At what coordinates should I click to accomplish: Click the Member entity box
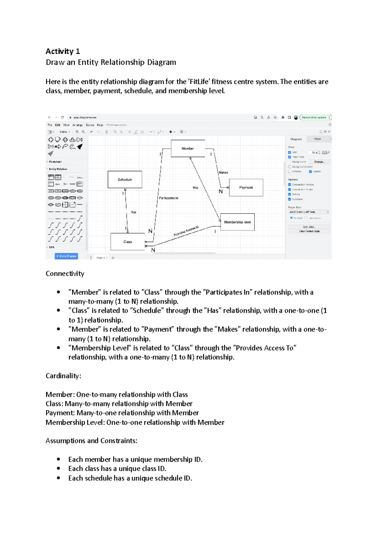pos(188,148)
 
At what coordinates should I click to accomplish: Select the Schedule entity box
pos(125,180)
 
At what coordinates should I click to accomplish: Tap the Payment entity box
pos(246,187)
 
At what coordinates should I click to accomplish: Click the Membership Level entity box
pos(238,222)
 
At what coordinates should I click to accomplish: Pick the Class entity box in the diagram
pos(128,242)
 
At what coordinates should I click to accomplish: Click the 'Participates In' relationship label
pos(168,198)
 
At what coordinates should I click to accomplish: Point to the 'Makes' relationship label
pos(223,172)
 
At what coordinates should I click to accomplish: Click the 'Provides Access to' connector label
pos(186,231)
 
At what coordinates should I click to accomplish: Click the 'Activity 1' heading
pos(63,51)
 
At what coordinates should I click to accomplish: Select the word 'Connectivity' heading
pos(65,274)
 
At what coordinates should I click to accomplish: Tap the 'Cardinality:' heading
pos(63,376)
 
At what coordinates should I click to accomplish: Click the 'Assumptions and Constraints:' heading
pos(91,441)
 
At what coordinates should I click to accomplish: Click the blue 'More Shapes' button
pos(66,256)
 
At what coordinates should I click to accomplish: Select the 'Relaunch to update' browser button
pos(314,117)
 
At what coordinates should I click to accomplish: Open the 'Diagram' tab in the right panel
pos(296,139)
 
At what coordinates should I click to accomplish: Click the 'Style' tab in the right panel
pos(318,139)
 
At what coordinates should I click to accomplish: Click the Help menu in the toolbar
pos(100,125)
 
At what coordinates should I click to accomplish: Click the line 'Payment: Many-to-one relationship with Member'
pos(122,413)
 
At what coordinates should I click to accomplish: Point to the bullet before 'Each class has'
pos(58,469)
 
